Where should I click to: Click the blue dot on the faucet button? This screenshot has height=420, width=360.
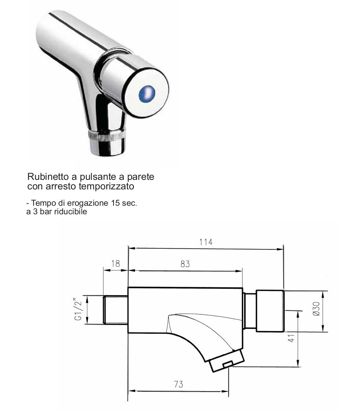(147, 93)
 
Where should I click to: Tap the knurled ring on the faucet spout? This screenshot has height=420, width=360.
(107, 135)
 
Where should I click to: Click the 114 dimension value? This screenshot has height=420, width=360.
(206, 242)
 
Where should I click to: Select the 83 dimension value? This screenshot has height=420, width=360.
(185, 264)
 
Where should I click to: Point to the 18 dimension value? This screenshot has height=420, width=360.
(115, 264)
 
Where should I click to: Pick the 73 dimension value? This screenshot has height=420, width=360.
(178, 384)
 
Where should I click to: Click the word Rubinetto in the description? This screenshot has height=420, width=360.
(48, 176)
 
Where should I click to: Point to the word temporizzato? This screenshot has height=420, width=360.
(106, 186)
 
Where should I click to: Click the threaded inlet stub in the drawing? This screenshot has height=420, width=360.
(115, 310)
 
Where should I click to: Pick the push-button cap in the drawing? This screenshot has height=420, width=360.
(270, 311)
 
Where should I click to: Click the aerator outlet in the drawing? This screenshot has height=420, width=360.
(227, 361)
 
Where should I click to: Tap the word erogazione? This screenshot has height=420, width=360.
(88, 203)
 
